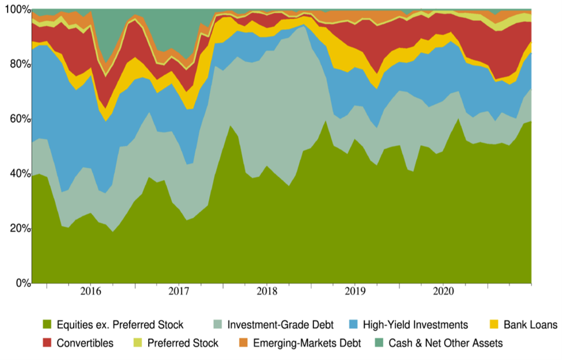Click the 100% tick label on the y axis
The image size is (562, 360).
[15, 10]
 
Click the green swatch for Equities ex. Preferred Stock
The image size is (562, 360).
[47, 325]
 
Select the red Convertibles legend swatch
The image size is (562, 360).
[47, 343]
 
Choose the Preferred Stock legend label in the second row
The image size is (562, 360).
[182, 343]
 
